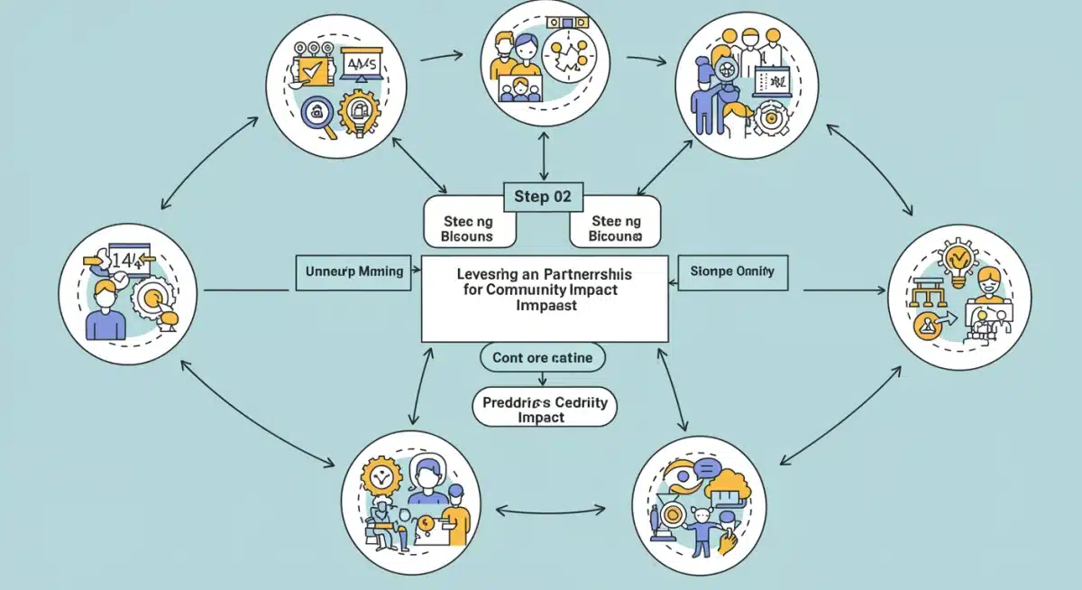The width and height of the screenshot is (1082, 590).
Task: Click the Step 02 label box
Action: pyautogui.click(x=543, y=197)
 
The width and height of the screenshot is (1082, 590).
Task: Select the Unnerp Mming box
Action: pyautogui.click(x=356, y=272)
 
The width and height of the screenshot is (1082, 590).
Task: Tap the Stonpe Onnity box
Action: pyautogui.click(x=731, y=271)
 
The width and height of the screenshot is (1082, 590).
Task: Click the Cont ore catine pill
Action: pyautogui.click(x=542, y=357)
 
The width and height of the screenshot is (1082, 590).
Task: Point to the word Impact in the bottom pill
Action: pyautogui.click(x=542, y=418)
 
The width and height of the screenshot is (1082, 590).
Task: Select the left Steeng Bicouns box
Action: pyautogui.click(x=467, y=228)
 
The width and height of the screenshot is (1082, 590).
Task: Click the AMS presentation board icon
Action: pyautogui.click(x=363, y=65)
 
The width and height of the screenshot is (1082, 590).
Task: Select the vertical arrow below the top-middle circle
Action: pyautogui.click(x=543, y=156)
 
